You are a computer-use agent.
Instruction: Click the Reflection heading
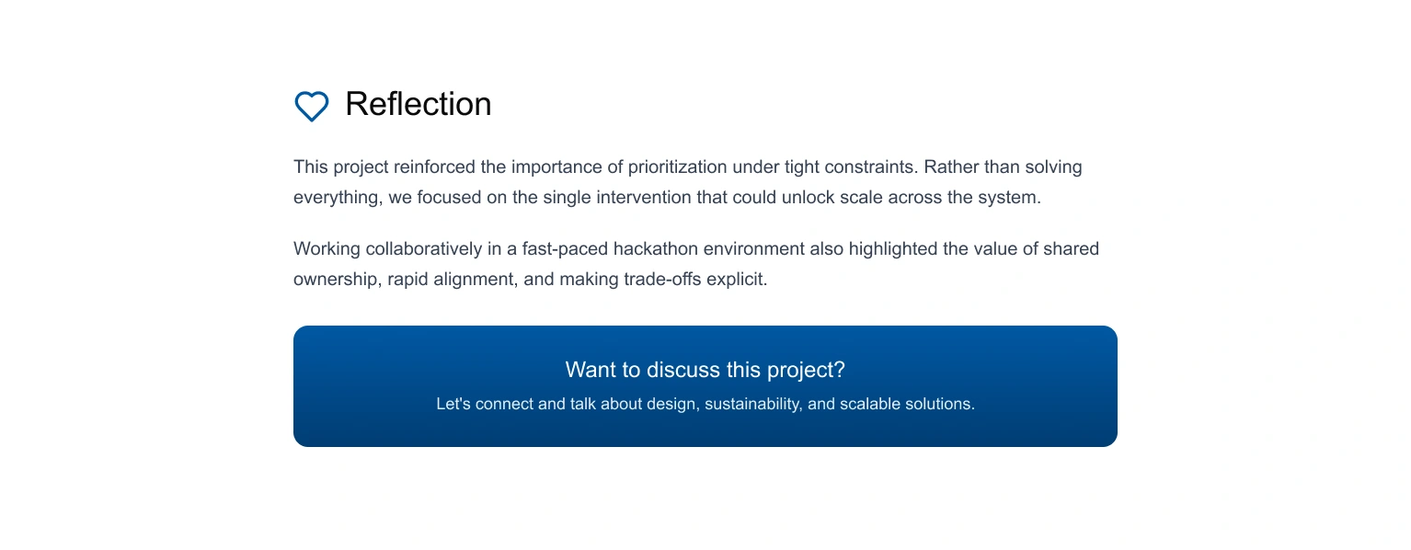click(419, 104)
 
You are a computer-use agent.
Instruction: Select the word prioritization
click(676, 167)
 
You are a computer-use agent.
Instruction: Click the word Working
click(327, 249)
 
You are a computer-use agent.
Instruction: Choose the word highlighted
click(893, 249)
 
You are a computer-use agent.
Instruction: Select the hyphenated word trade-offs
click(662, 279)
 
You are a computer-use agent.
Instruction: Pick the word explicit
click(737, 280)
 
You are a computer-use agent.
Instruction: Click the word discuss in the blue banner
click(683, 370)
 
